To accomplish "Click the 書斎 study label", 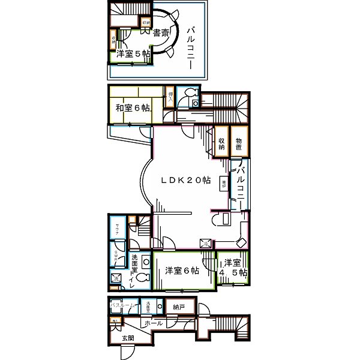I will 159,32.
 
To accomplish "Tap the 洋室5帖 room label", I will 132,54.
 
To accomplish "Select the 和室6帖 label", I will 132,108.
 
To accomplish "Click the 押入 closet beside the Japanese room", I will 170,98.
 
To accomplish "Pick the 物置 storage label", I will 238,143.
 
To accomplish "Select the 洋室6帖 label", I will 182,271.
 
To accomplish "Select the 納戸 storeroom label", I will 179,307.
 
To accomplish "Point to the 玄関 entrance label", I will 128,338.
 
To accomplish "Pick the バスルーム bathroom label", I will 124,306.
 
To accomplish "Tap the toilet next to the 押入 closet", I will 191,92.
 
